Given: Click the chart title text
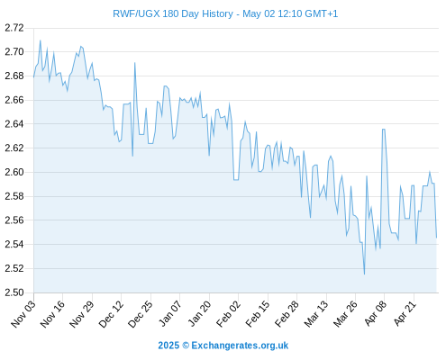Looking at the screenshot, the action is coord(225,13).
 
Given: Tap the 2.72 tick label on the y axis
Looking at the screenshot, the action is coord(14,28).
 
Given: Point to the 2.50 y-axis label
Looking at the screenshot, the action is coord(14,292).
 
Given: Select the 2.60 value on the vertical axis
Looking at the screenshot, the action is coord(14,172).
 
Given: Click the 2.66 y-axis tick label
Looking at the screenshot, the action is coord(14,100).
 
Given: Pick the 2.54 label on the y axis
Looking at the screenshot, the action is coord(14,244).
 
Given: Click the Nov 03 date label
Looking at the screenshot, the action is coord(23,314).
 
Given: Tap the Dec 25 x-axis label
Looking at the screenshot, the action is coord(141,314).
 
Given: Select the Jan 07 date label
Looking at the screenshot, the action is coord(170,313).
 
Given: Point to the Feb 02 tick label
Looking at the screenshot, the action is coord(229,314).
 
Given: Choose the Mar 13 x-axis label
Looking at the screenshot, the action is coord(316,314).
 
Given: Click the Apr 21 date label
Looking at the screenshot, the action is coord(405,313).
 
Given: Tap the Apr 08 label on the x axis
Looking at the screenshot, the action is coord(376,313).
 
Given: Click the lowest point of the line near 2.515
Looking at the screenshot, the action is coord(364,274).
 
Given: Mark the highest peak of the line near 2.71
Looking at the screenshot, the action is coord(41,40).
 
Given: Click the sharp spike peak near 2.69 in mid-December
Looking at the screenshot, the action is coord(135,63).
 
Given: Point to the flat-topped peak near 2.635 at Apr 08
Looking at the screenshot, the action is coord(384,130).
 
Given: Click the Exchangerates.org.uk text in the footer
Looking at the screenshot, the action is coord(240,346).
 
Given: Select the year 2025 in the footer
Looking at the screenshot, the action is coord(168,346).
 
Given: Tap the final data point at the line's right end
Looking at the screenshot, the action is coord(436,238).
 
